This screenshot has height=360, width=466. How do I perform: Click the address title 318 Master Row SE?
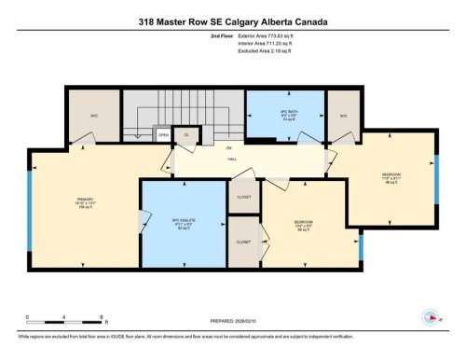coord(233,21)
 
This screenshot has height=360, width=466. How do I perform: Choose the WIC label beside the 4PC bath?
coord(343,117)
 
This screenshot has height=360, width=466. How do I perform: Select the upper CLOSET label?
coord(244,197)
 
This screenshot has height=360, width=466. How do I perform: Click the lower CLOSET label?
coord(244,242)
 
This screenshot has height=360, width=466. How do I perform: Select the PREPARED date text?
coord(232,322)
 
